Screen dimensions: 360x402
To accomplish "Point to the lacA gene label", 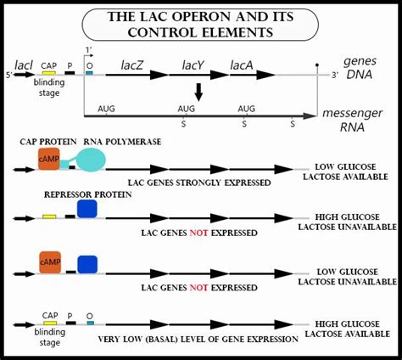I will (x=243, y=64).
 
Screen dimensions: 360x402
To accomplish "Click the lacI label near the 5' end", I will (x=24, y=64).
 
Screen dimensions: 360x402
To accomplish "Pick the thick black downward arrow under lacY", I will (x=197, y=91).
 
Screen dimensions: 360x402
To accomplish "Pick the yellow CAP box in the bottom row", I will (x=50, y=323).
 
